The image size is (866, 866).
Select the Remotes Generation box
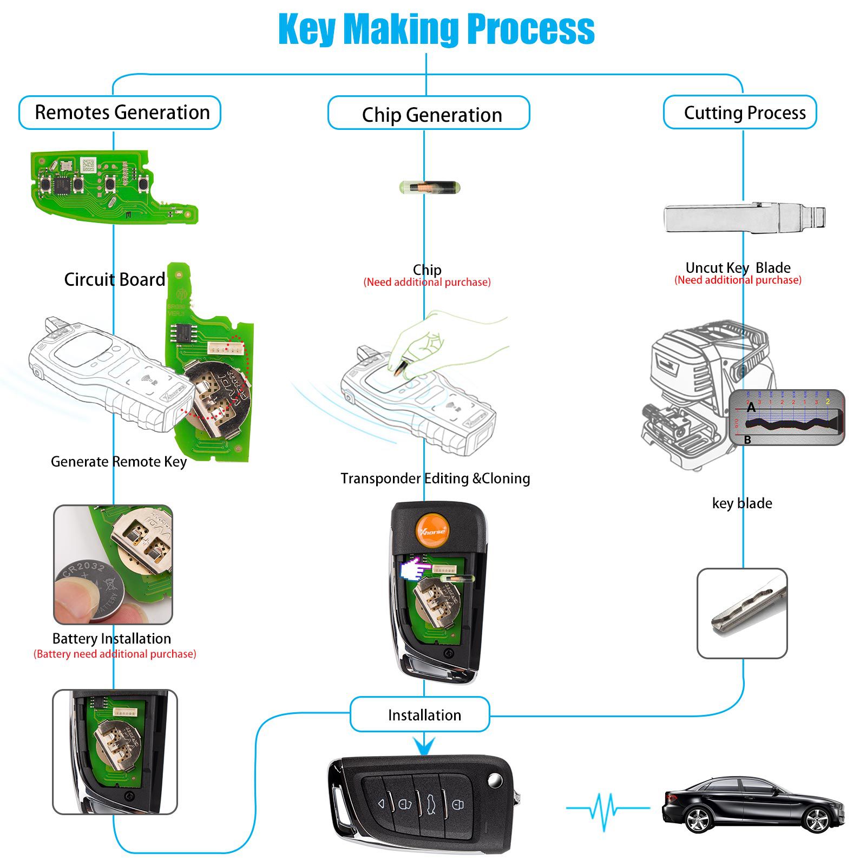[x=120, y=113]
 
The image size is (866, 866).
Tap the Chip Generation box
[x=429, y=114]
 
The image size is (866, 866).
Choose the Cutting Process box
[x=740, y=113]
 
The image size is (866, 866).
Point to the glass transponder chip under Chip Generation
[x=429, y=188]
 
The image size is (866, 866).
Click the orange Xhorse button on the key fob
[x=432, y=529]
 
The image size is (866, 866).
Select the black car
[x=753, y=805]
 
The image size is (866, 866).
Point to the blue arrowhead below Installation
[x=424, y=746]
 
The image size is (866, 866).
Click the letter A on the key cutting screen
[x=751, y=408]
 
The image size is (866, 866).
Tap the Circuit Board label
[x=115, y=279]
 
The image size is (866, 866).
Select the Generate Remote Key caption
[x=119, y=462]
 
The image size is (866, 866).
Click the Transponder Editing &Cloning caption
[x=435, y=478]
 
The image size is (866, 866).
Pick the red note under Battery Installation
[x=115, y=654]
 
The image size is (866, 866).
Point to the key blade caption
[x=742, y=503]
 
